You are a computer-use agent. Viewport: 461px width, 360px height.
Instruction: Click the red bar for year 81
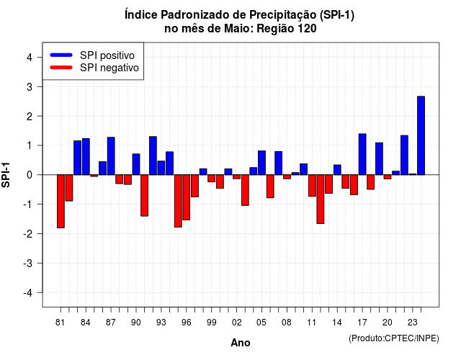pos(61,202)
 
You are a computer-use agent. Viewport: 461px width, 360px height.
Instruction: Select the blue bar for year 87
pos(111,156)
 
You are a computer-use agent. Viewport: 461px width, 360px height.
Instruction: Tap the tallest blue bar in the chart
pos(421,135)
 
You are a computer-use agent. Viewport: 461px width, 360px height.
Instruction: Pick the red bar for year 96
pos(187,197)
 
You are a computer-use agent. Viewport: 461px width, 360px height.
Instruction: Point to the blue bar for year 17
pos(362,154)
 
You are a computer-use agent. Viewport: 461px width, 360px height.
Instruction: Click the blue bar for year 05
pos(261,163)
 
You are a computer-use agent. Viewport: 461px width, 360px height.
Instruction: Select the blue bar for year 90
pos(136,164)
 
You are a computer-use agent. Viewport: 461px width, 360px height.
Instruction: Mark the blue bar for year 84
pos(86,157)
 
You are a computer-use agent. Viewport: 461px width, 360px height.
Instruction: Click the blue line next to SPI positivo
pos(61,55)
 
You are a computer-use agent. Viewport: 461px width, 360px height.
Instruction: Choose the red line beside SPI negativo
pos(61,67)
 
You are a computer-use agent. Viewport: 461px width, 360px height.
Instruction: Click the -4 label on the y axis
pos(28,292)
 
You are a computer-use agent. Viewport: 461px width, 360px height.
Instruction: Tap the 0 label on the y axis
pos(29,175)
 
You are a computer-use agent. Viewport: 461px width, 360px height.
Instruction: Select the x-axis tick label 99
pos(211,323)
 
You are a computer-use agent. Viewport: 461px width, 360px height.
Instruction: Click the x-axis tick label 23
pos(413,323)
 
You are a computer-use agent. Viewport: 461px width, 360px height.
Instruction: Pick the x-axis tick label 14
pos(337,323)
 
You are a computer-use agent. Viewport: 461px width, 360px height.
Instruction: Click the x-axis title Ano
pos(241,343)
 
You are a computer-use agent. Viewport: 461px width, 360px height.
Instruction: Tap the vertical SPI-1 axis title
pos(6,175)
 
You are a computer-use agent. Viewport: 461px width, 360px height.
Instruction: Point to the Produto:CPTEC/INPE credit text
pos(394,338)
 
